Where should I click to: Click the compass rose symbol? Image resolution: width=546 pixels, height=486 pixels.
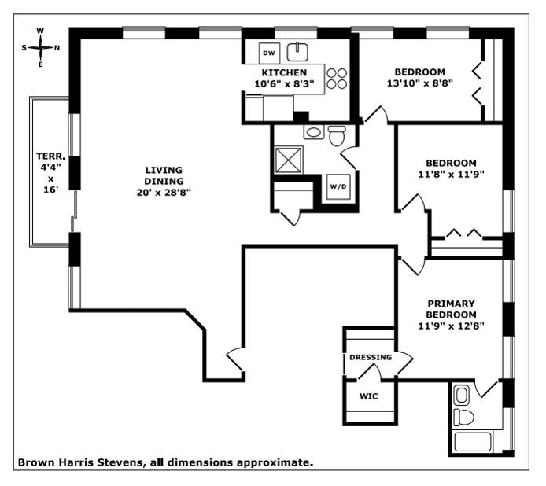click(41, 47)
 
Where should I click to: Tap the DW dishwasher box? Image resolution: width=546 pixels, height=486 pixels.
click(267, 53)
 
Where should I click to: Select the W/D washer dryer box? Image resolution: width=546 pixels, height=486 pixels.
click(337, 187)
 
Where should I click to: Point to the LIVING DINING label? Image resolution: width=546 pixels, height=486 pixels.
click(164, 175)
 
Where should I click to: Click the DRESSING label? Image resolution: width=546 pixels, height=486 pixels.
click(370, 357)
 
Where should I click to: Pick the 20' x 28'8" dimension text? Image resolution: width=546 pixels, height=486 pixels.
click(164, 191)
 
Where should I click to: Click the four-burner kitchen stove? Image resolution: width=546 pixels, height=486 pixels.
click(338, 78)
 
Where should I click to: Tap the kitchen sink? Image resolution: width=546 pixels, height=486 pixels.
click(297, 53)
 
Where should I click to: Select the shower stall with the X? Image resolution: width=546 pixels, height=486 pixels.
click(291, 161)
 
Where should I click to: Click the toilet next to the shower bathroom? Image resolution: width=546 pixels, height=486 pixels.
click(338, 137)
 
